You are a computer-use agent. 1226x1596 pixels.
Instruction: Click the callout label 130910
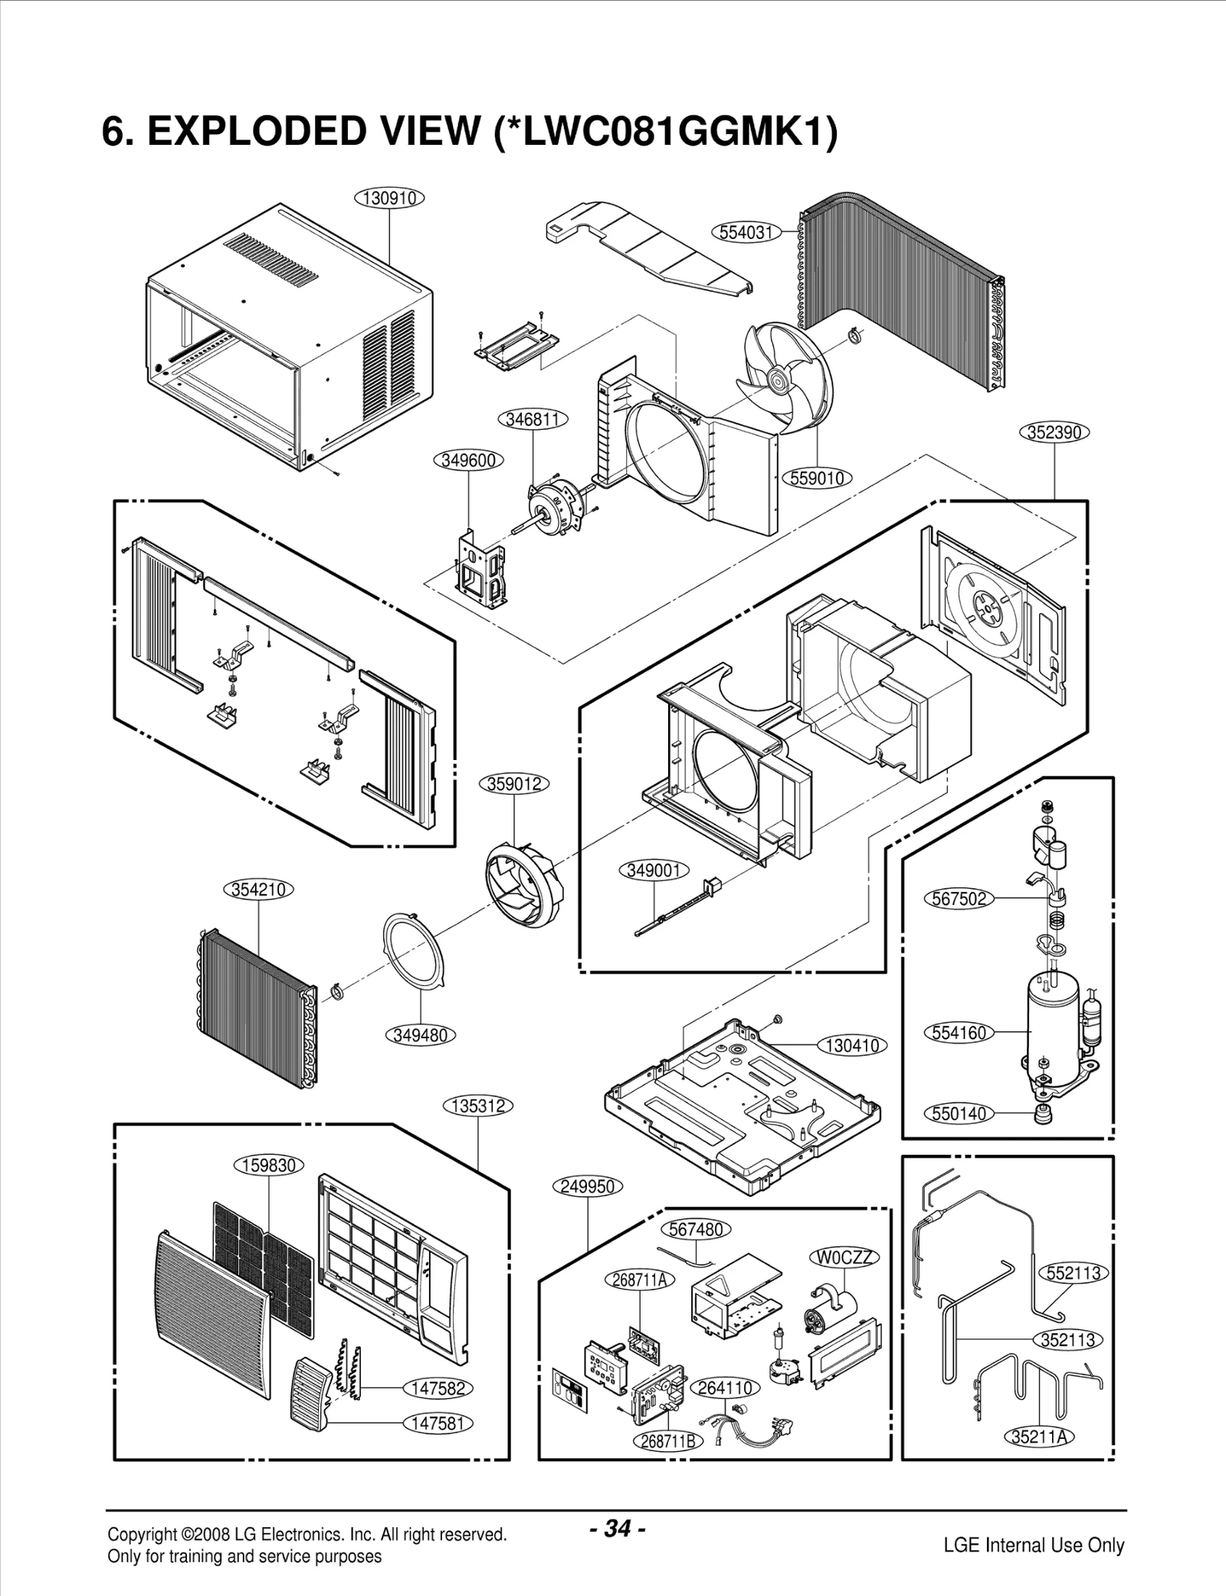tap(389, 198)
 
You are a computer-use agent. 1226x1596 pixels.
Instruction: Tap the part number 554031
tap(746, 232)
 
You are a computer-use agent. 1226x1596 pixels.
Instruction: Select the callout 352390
tap(1054, 432)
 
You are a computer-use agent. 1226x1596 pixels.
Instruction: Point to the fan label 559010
tap(817, 479)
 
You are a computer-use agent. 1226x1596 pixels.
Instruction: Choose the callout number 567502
tap(959, 899)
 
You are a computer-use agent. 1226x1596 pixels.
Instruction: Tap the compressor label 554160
tap(959, 1033)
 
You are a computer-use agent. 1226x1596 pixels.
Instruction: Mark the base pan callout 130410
tap(852, 1045)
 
